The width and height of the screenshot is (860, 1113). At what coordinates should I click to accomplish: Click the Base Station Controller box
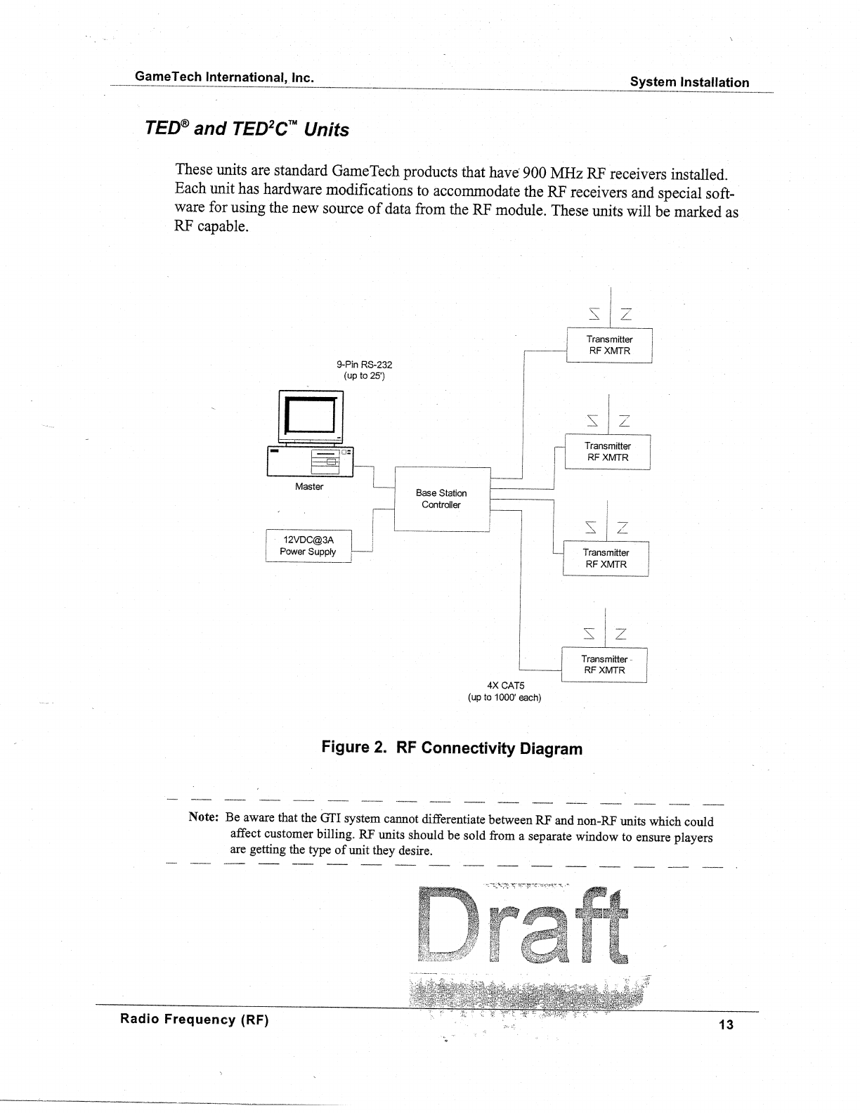point(441,499)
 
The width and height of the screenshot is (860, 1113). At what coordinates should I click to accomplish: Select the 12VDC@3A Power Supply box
point(308,546)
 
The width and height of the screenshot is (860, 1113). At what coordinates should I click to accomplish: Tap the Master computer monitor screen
point(308,418)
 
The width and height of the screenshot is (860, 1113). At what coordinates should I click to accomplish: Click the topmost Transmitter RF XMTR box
point(609,345)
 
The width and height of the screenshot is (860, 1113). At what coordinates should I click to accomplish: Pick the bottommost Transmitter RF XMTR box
point(604,665)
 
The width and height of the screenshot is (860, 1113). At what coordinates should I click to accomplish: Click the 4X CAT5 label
point(505,685)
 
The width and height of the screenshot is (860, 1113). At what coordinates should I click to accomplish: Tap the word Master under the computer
point(309,486)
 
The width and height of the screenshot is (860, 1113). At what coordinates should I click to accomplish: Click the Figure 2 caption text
point(452,748)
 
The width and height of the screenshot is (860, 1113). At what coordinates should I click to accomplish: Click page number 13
point(726,1024)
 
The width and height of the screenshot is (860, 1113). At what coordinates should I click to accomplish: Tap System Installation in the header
point(689,82)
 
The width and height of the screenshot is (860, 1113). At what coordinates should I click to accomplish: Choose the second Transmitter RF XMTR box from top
point(608,452)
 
